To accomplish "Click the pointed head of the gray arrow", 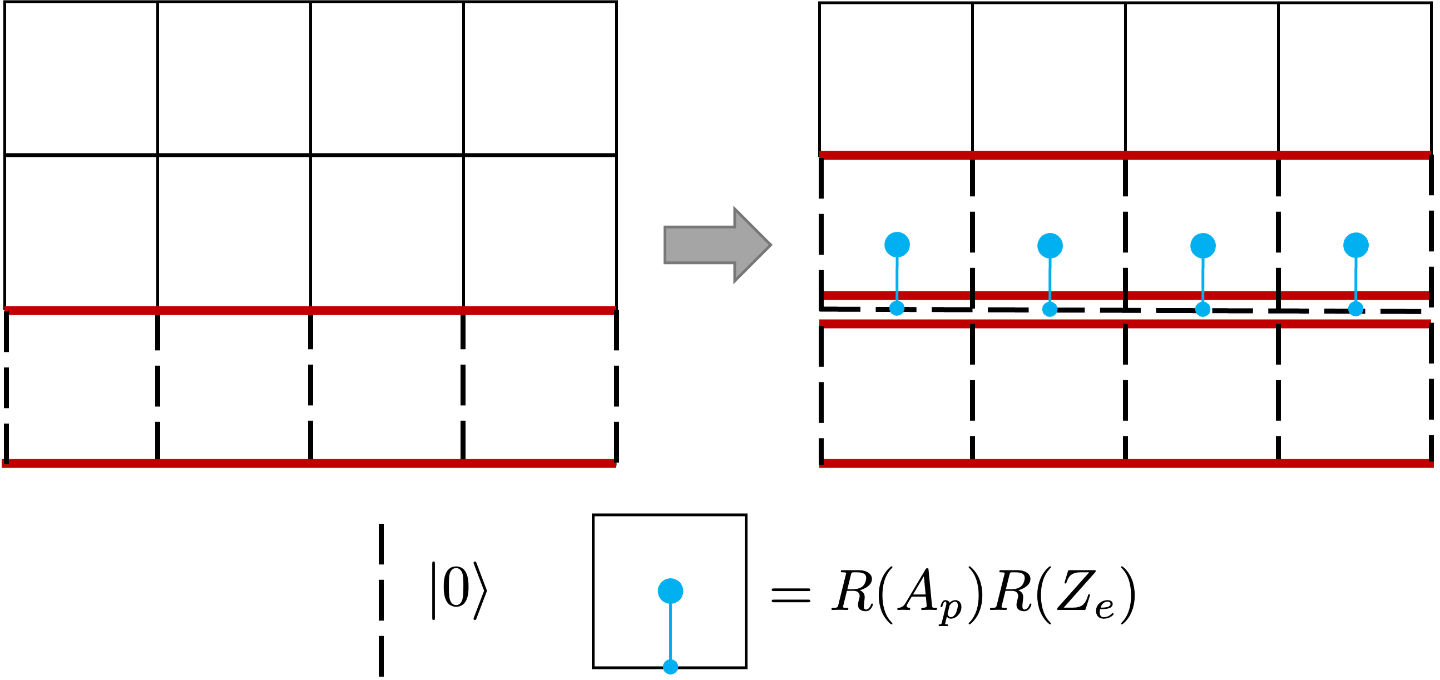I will (752, 245).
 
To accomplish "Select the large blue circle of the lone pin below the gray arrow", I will (670, 591).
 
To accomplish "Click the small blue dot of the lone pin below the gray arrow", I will (670, 667).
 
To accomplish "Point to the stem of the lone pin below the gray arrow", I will (670, 632).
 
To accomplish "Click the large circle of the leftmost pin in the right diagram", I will (897, 245).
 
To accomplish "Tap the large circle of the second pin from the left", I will (1050, 246).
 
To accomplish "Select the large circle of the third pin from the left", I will (1203, 246).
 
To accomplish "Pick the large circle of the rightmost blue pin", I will (1355, 245).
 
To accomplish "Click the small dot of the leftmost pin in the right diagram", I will (897, 309).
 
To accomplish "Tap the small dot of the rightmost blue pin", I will (1355, 309).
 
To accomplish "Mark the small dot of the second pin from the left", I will (1050, 309).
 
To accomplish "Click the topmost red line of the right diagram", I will (1124, 155).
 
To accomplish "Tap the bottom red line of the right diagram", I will (1124, 463).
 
